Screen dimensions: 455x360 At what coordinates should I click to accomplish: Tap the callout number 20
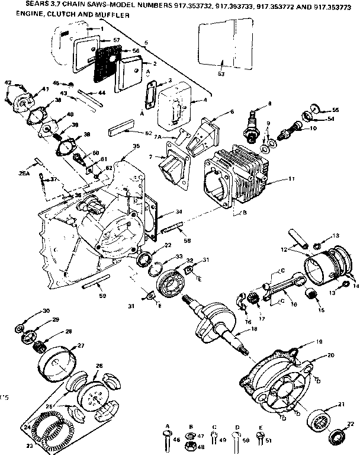[330, 355]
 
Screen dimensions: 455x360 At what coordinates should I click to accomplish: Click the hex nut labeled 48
[191, 446]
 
